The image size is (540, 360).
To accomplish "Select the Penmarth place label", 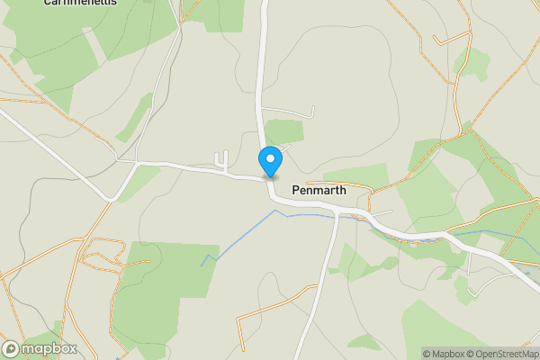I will (319, 191).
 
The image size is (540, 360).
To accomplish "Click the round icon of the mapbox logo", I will (12, 349).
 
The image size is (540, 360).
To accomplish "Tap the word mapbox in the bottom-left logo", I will (49, 349).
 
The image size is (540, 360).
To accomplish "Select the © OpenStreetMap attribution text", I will (502, 354).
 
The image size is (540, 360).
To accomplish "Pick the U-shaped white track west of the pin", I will (221, 160).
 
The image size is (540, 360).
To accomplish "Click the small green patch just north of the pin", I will (284, 131).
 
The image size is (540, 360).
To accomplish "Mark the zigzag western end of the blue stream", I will (210, 260).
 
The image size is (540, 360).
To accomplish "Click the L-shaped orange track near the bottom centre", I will (261, 315).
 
